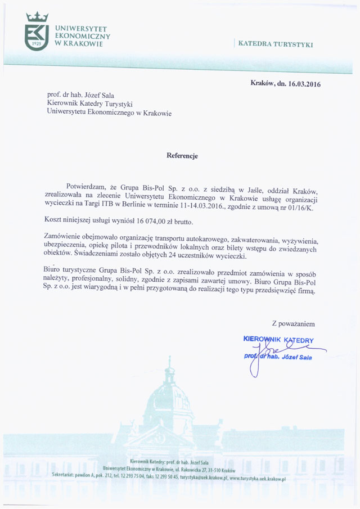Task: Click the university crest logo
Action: pos(37,32)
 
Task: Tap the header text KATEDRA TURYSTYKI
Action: pos(276,43)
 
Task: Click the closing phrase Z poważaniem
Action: pos(293,324)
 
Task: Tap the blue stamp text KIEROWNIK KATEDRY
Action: pos(278,340)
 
